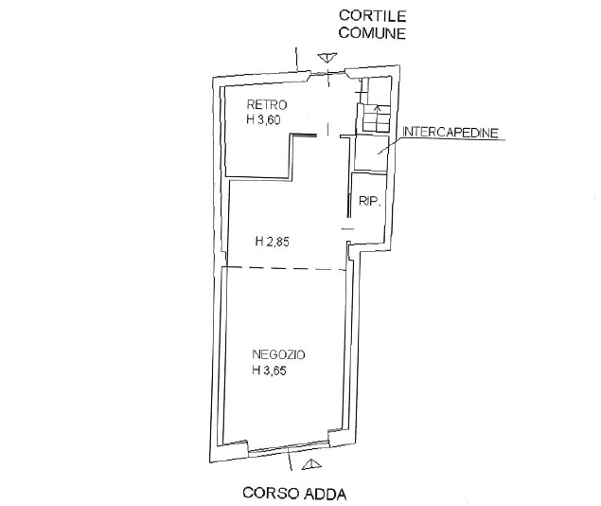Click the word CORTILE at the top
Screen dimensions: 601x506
click(x=372, y=16)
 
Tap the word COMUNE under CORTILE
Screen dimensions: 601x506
click(x=372, y=33)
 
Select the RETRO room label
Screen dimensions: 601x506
click(x=267, y=104)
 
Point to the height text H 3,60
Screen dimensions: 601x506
click(x=264, y=120)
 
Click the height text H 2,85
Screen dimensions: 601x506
click(x=273, y=242)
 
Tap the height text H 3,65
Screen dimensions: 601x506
click(x=269, y=370)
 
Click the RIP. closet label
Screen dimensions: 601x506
click(x=370, y=202)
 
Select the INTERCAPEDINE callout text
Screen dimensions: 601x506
click(x=451, y=133)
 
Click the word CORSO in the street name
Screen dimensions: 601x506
click(x=271, y=493)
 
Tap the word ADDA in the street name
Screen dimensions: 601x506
click(x=325, y=494)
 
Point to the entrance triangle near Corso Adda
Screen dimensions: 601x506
click(x=311, y=464)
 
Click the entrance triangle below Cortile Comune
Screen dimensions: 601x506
click(x=327, y=58)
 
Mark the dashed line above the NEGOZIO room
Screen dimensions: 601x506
click(x=287, y=268)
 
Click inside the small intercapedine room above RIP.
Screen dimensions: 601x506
click(x=371, y=154)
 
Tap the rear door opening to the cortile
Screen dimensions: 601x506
click(x=327, y=73)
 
